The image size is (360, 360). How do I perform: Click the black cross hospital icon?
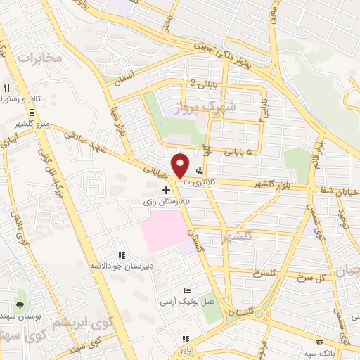tap(166, 190)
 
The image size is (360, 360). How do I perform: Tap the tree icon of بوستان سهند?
tap(20, 305)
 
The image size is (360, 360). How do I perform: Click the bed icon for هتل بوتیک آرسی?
tap(186, 290)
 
